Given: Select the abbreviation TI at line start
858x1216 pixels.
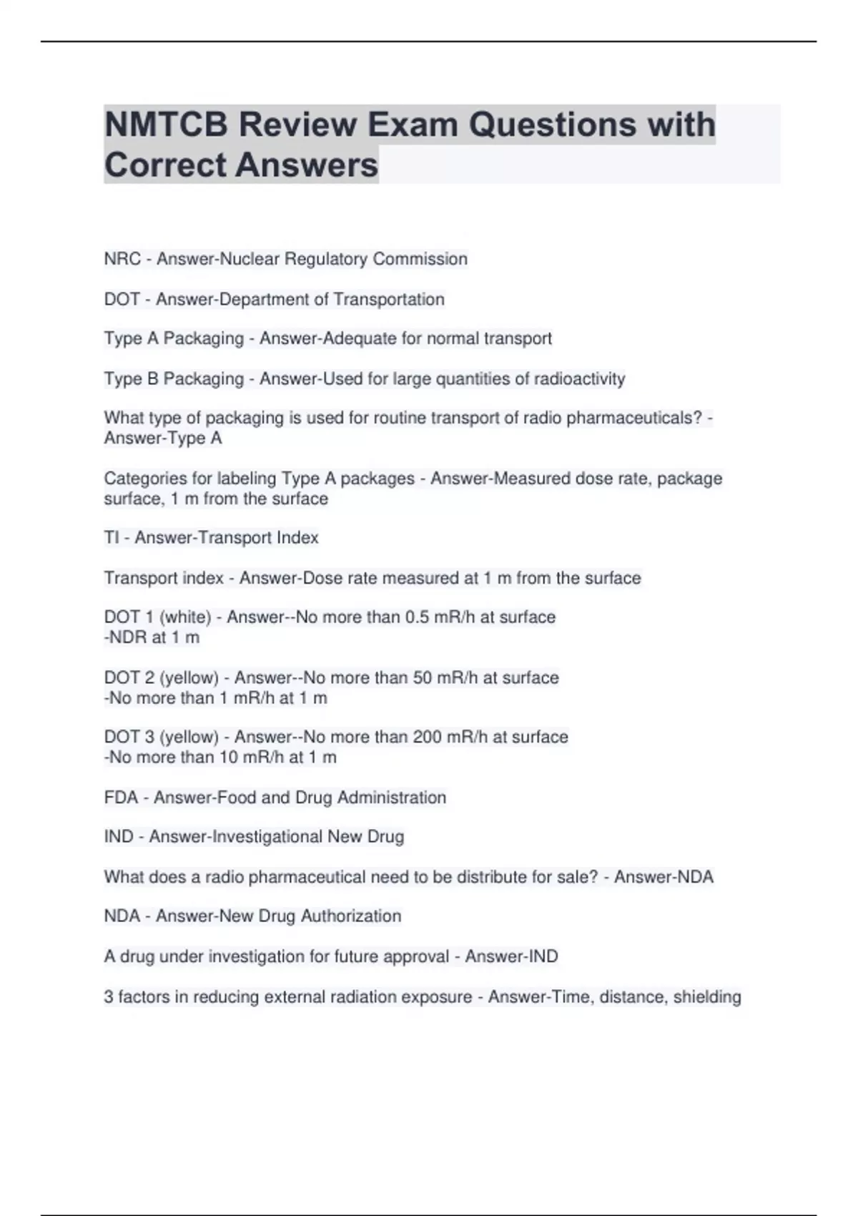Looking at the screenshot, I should pyautogui.click(x=112, y=537).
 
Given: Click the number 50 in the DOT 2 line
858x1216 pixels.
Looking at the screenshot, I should pyautogui.click(x=423, y=677).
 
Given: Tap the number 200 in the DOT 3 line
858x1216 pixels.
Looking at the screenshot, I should pyautogui.click(x=428, y=737).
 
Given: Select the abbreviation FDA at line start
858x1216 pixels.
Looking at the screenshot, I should pyautogui.click(x=121, y=797).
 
